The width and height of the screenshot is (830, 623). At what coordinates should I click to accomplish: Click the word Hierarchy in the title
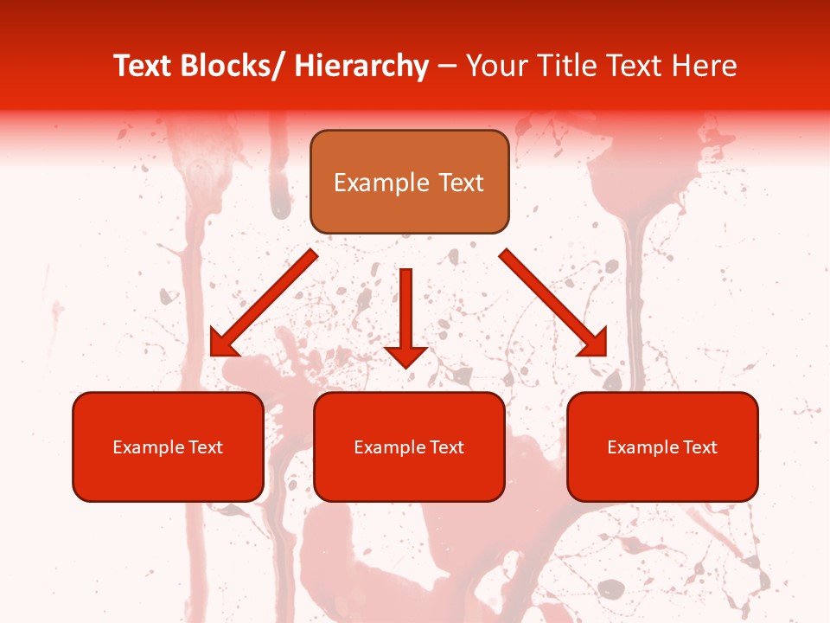pyautogui.click(x=361, y=66)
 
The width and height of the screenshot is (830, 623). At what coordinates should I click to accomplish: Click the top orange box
pyautogui.click(x=409, y=182)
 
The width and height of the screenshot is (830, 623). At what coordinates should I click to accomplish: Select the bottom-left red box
pyautogui.click(x=168, y=446)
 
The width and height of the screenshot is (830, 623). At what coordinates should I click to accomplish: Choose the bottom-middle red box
pyautogui.click(x=409, y=446)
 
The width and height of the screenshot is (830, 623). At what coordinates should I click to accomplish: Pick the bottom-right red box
pyautogui.click(x=662, y=446)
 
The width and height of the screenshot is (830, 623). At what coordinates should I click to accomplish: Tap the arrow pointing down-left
pyautogui.click(x=264, y=303)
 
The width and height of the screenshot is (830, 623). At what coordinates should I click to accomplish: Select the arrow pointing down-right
pyautogui.click(x=553, y=303)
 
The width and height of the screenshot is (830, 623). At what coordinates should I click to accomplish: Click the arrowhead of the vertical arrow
pyautogui.click(x=405, y=356)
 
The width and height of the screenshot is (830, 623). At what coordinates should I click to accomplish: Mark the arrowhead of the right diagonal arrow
pyautogui.click(x=596, y=345)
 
